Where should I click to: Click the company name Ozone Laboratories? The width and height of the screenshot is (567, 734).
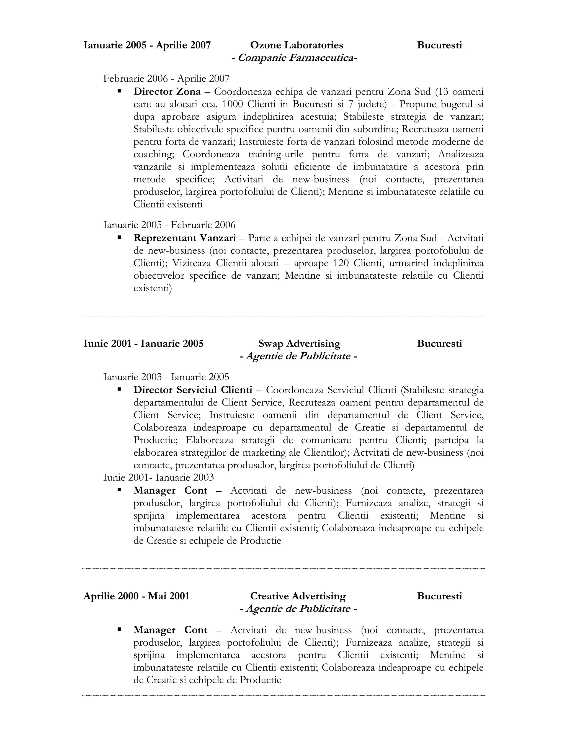pos(297,45)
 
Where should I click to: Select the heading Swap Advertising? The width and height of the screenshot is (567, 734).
pos(299,343)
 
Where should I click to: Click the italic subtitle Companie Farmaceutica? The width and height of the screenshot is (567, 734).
pos(294,58)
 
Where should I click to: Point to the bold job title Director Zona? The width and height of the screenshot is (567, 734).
pos(167,91)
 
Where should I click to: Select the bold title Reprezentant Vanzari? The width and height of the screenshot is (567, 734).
pos(184,238)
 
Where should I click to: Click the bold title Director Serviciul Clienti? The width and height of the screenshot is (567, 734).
pos(192,390)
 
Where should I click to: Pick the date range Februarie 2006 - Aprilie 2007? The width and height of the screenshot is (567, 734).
pos(166,79)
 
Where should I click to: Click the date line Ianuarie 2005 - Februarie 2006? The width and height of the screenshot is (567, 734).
pos(169,225)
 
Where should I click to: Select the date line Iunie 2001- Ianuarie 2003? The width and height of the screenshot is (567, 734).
pos(159,477)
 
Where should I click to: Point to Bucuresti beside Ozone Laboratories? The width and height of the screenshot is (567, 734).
pos(439,45)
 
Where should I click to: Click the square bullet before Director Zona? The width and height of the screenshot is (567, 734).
pos(119,91)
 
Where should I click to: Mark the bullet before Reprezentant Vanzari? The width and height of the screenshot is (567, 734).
pos(119,237)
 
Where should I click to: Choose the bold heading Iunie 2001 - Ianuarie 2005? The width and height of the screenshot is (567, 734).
pos(143,343)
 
